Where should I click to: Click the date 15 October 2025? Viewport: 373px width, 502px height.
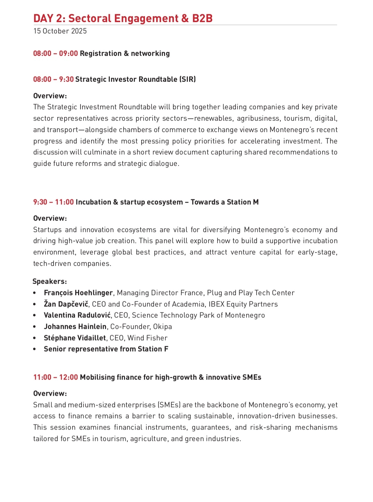click(60, 31)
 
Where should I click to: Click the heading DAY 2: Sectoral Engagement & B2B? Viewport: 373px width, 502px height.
click(123, 18)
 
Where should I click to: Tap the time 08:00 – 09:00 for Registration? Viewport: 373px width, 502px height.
click(56, 53)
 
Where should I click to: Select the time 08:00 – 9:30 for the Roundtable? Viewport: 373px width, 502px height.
click(54, 79)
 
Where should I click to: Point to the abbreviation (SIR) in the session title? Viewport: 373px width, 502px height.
click(188, 79)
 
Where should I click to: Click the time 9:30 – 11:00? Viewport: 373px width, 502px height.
click(54, 202)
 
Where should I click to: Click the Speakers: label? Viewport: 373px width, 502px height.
click(50, 281)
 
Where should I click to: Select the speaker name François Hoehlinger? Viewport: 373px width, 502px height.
click(78, 293)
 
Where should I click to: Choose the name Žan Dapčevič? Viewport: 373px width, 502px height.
click(66, 304)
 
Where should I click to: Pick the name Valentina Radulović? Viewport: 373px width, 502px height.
click(77, 315)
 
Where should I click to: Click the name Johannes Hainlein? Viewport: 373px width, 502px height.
click(75, 327)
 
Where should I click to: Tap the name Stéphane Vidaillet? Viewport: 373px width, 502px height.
click(75, 338)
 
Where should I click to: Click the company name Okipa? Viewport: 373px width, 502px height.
click(162, 327)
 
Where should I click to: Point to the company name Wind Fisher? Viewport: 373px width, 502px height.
click(147, 338)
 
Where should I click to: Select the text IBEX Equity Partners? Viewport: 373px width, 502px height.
click(243, 304)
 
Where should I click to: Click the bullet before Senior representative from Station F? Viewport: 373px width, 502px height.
click(35, 349)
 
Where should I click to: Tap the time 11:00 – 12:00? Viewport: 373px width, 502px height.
click(56, 377)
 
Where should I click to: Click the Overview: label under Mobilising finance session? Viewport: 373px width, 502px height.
click(50, 393)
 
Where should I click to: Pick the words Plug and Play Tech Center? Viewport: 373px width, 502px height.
click(251, 293)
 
